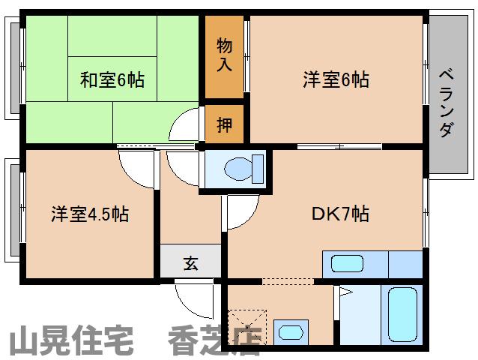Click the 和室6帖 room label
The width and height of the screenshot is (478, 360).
tap(112, 78)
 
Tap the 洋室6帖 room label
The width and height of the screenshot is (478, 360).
tap(336, 79)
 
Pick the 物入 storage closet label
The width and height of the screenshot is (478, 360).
tap(224, 55)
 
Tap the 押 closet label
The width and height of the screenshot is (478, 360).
tap(224, 124)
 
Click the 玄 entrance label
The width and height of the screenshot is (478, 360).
tap(191, 263)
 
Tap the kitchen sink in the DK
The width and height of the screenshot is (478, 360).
tap(348, 264)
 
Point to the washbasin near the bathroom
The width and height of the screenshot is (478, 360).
tap(290, 330)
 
